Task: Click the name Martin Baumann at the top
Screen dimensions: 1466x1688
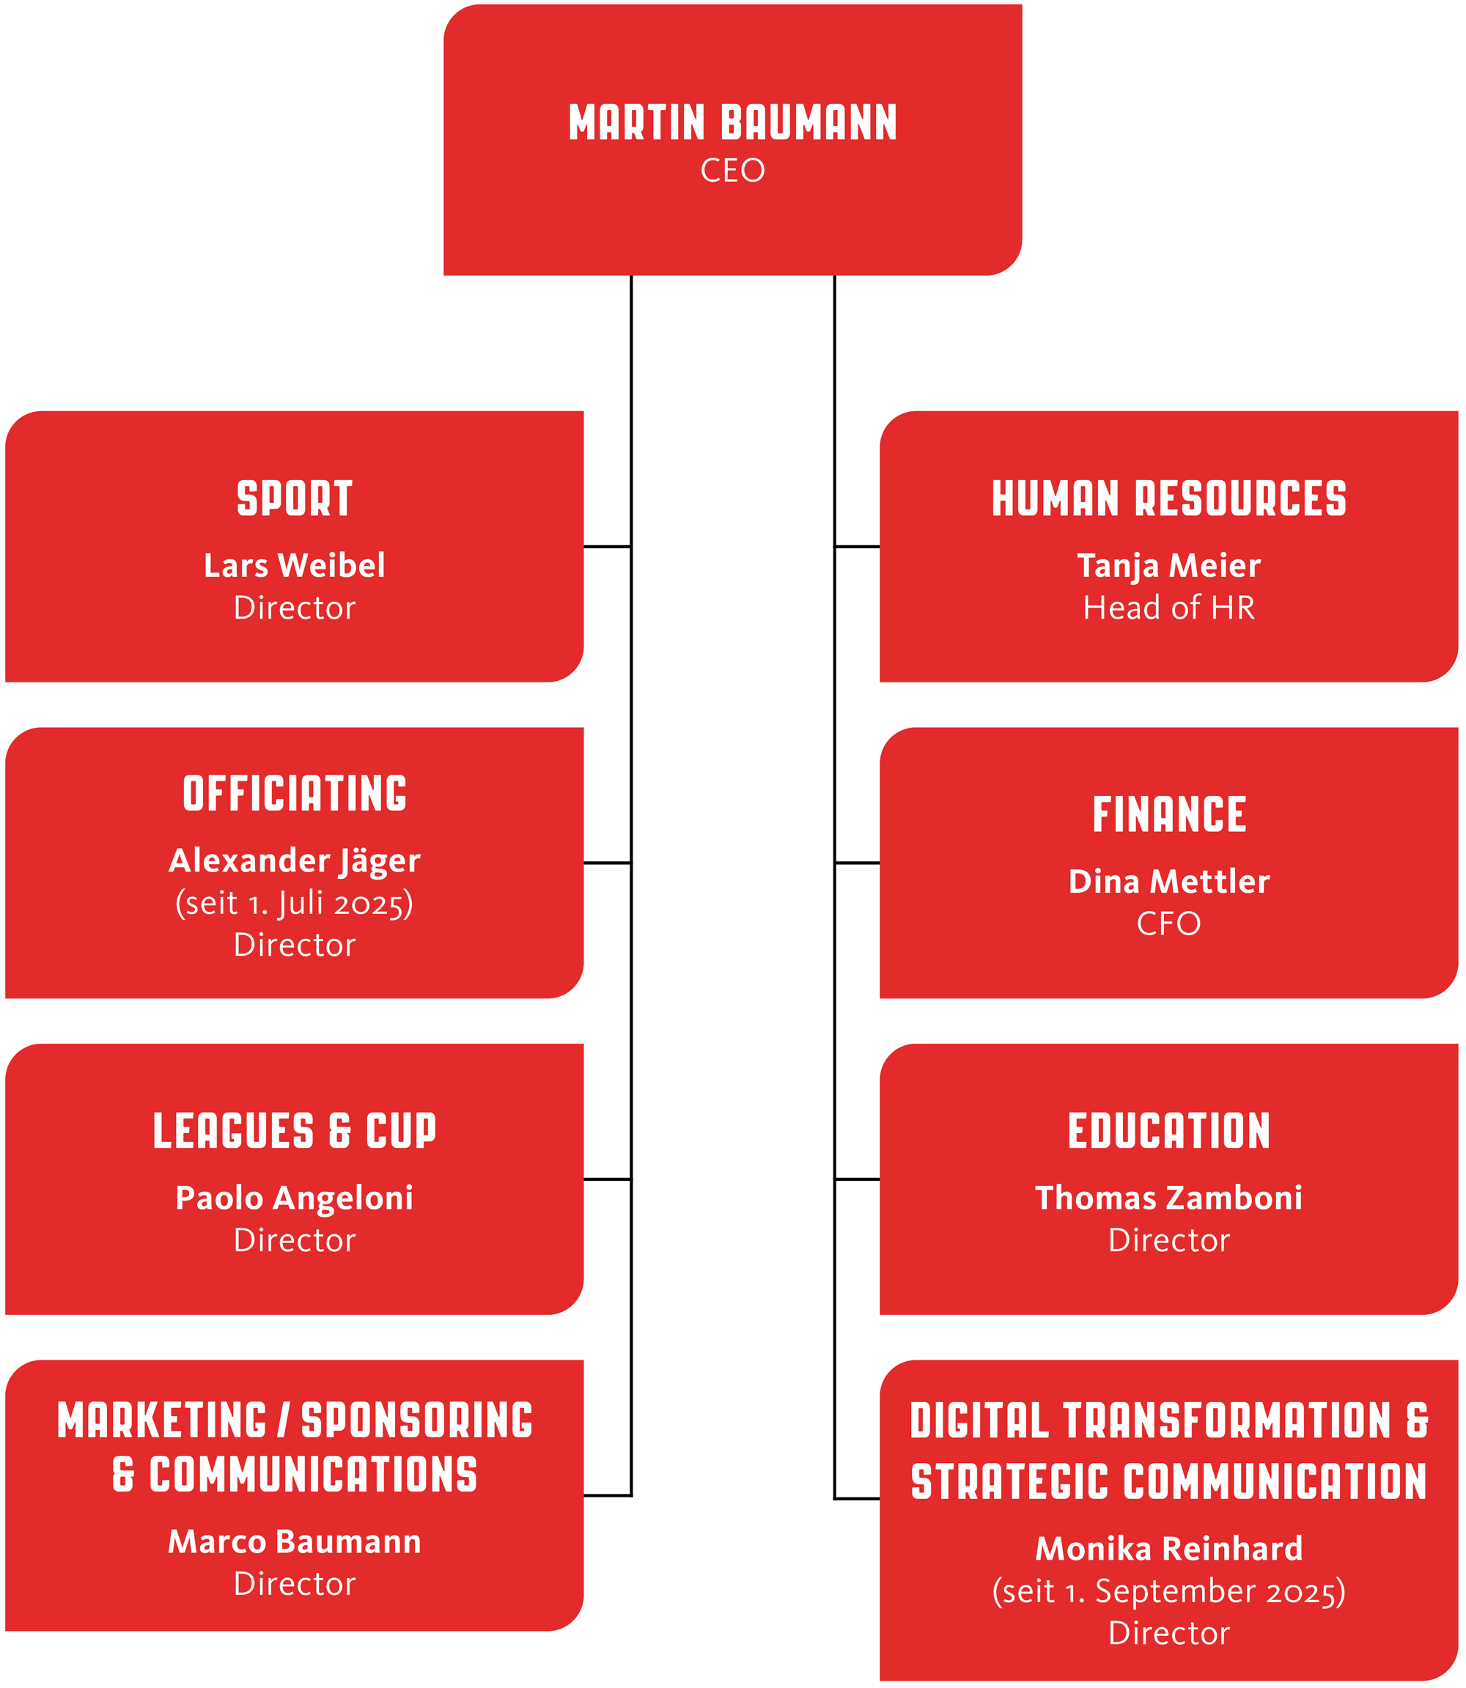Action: (733, 122)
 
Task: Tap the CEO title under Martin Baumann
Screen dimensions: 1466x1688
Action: (733, 171)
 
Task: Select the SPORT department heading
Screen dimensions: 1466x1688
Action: (295, 499)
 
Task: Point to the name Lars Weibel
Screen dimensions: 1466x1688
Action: (295, 565)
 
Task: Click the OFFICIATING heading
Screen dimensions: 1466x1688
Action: (295, 794)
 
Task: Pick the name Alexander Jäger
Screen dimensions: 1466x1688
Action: (295, 861)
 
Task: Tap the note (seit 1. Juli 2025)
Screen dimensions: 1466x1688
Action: (295, 904)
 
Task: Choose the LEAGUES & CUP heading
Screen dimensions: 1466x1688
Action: (295, 1131)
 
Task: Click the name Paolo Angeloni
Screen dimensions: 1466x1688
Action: (295, 1198)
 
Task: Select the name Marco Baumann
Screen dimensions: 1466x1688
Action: (295, 1541)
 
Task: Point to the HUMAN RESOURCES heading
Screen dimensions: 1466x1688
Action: (1169, 499)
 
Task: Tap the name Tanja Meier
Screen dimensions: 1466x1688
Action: (1169, 566)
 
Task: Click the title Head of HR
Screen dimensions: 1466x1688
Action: (1169, 608)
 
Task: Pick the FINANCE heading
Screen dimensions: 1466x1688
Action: (1169, 815)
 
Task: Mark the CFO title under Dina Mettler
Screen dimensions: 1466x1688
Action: (1169, 924)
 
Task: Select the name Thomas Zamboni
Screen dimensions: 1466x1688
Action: (1169, 1198)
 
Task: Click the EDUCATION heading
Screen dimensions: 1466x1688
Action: (1169, 1131)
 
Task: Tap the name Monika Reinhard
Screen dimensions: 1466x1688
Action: (1169, 1549)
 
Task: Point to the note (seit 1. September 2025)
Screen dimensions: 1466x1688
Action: (1169, 1591)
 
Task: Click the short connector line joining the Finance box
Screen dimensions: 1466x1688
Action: (858, 863)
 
